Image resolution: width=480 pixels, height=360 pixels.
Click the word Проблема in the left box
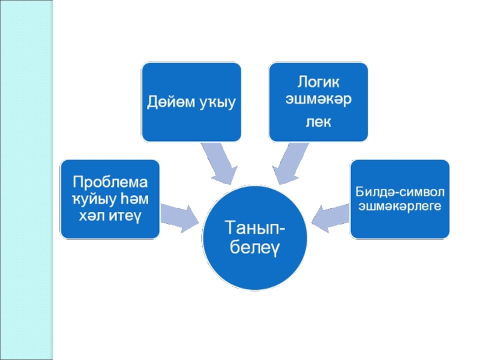coord(110,182)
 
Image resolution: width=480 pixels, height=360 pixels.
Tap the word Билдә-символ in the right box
coord(400,192)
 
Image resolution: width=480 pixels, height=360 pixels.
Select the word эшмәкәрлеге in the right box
coord(400,206)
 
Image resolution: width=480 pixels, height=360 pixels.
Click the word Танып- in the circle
coord(254,228)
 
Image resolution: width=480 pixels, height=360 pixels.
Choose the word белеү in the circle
coord(254,246)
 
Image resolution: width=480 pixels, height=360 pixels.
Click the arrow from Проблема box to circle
coord(181,217)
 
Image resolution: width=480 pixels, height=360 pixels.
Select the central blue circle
coord(254,264)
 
